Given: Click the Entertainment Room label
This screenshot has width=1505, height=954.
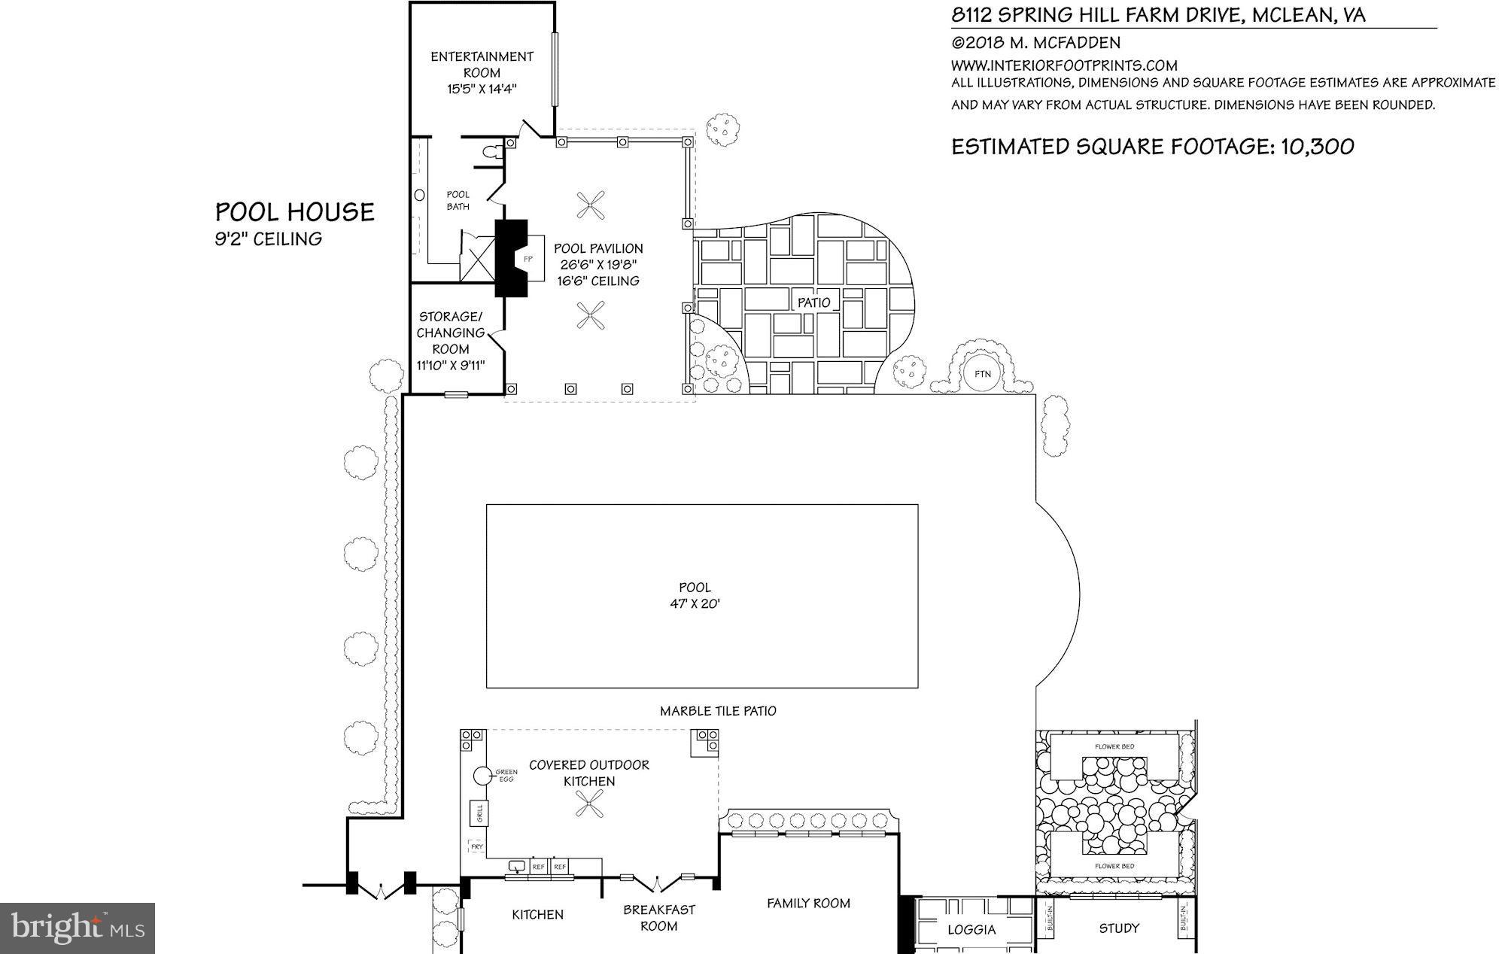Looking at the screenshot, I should tap(482, 65).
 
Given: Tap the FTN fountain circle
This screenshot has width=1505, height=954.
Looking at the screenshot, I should tap(982, 374).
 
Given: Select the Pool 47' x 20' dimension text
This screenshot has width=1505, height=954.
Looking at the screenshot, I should tap(694, 603).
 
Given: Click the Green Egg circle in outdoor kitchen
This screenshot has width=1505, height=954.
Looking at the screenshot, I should tap(482, 775).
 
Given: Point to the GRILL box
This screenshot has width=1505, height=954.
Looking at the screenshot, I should tap(477, 813).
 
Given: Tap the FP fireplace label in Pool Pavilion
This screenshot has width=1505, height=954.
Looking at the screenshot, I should tap(528, 259).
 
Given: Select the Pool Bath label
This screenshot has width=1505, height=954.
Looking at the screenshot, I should tap(458, 200).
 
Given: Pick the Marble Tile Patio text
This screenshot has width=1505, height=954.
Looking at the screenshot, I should tap(718, 711).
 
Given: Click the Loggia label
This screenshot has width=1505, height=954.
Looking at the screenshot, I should tap(971, 930).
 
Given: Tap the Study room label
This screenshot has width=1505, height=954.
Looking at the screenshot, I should tap(1119, 928).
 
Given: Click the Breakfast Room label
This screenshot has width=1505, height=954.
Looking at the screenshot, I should tap(658, 918).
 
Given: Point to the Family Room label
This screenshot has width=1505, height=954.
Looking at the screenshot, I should tap(808, 903).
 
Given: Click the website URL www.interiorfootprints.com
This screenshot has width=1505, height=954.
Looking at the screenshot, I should tap(1064, 65).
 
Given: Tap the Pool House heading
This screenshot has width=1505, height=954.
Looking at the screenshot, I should tap(295, 212).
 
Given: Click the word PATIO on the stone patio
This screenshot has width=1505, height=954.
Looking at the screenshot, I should tap(813, 302).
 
